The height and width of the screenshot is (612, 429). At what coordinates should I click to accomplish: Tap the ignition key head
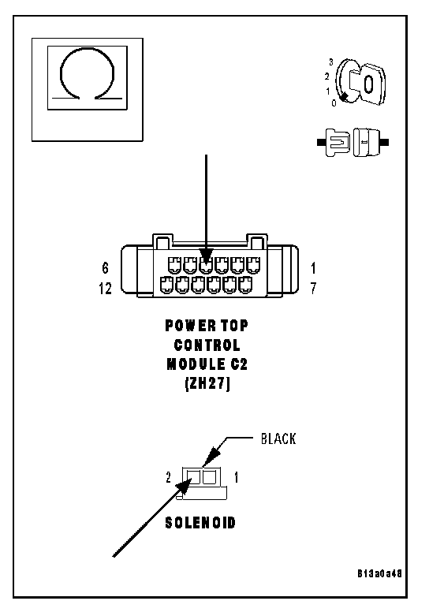click(371, 84)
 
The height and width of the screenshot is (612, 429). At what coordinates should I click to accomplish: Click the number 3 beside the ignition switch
click(331, 62)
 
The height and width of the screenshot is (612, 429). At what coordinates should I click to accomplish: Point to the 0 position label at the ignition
click(334, 103)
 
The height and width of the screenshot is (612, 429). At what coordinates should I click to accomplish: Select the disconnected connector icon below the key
click(353, 143)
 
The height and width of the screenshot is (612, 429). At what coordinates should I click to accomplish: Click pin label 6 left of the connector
click(105, 268)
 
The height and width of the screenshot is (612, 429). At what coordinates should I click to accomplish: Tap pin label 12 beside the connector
click(105, 289)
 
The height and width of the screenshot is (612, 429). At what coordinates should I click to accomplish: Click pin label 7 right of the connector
click(313, 289)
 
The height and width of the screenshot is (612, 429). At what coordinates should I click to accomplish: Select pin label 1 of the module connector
click(313, 268)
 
